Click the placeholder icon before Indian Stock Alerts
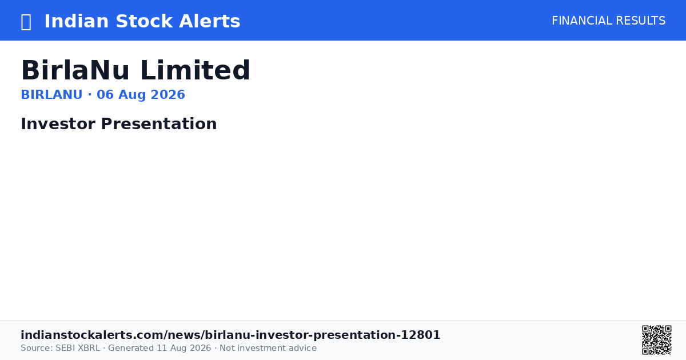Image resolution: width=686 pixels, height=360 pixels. pyautogui.click(x=26, y=22)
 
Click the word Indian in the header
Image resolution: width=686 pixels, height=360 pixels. pyautogui.click(x=77, y=21)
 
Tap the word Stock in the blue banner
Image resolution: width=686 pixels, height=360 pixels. pyautogui.click(x=144, y=21)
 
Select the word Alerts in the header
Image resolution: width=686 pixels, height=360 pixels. pyautogui.click(x=209, y=21)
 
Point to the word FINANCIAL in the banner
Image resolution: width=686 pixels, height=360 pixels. pyautogui.click(x=582, y=21)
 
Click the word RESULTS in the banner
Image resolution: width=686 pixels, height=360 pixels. pyautogui.click(x=640, y=21)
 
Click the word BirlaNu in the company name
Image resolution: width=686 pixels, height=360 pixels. pyautogui.click(x=75, y=70)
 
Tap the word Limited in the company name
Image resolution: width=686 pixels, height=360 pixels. pyautogui.click(x=195, y=70)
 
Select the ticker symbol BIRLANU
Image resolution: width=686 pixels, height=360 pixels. pyautogui.click(x=52, y=95)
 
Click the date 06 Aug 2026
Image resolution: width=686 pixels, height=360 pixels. pyautogui.click(x=141, y=95)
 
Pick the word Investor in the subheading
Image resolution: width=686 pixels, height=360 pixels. pyautogui.click(x=58, y=123)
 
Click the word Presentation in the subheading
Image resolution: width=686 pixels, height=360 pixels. pyautogui.click(x=159, y=123)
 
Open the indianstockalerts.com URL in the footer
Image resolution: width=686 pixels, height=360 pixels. pyautogui.click(x=230, y=335)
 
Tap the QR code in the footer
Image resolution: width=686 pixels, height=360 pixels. pyautogui.click(x=657, y=340)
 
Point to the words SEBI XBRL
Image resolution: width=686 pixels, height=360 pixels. pyautogui.click(x=78, y=348)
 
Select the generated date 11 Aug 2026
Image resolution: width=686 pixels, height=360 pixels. pyautogui.click(x=184, y=348)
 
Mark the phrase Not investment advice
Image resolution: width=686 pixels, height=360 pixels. pyautogui.click(x=268, y=348)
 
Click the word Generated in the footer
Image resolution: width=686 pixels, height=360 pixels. pyautogui.click(x=131, y=348)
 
